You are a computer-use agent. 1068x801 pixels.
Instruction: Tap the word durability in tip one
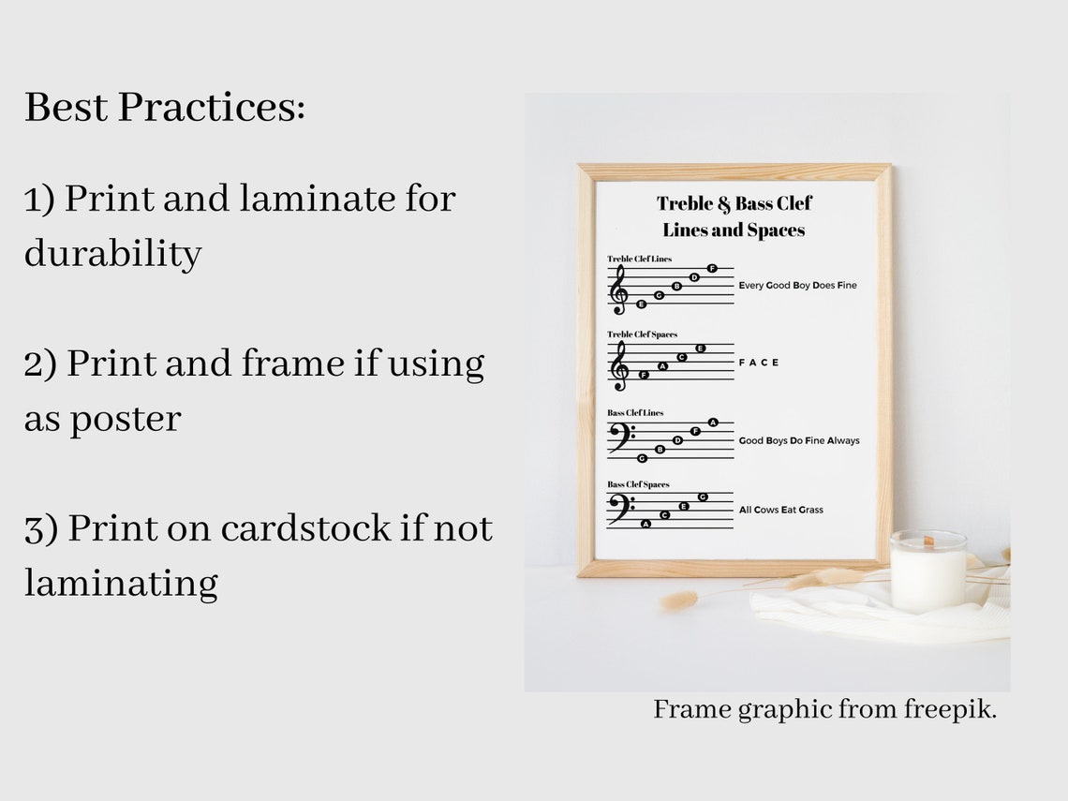112,253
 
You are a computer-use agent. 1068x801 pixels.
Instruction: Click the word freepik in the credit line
950,709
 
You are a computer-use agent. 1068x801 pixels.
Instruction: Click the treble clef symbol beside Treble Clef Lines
618,289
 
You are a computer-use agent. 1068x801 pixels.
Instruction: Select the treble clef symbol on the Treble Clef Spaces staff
618,365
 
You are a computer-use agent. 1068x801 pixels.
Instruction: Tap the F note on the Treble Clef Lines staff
712,269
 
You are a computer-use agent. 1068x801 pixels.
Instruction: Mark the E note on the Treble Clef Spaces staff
700,349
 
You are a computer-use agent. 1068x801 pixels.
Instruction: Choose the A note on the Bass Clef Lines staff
713,423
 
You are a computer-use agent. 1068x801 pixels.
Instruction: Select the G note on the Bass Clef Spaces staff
702,497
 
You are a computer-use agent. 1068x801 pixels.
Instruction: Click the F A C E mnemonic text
759,363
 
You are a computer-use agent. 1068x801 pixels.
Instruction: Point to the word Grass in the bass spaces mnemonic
811,510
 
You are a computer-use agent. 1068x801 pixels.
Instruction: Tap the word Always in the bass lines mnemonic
843,440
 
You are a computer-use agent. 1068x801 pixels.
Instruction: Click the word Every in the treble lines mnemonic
751,285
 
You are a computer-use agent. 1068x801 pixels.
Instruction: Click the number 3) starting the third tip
41,528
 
